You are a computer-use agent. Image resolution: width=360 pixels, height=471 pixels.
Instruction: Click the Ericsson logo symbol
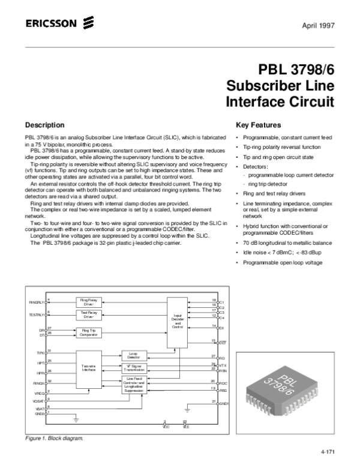coord(89,24)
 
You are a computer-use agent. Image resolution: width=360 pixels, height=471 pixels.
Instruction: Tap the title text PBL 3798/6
coord(296,70)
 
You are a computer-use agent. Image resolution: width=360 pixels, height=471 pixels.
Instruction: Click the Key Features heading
coord(259,125)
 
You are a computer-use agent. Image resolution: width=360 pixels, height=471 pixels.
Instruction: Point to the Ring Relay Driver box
coord(89,301)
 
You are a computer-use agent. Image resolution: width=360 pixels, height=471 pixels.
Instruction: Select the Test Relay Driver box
coord(89,314)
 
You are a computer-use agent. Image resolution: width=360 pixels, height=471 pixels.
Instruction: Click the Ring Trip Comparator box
coord(89,331)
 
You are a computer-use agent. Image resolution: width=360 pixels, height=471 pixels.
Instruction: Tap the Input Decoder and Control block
coord(177,320)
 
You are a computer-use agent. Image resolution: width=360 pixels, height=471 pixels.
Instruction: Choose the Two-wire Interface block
coord(89,369)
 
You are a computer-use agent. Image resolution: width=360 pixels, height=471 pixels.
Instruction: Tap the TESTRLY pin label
coord(37,314)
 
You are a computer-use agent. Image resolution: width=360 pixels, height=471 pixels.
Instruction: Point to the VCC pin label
coord(165,426)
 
